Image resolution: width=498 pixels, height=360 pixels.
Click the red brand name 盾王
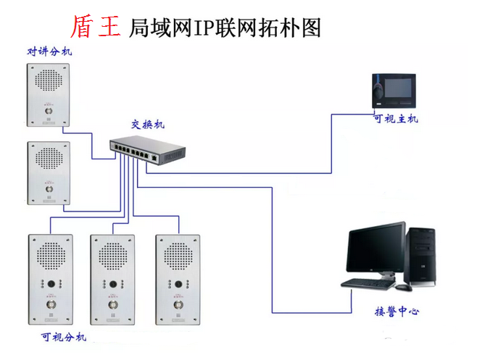pos(95,27)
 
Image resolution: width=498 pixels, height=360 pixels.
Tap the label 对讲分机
pos(49,51)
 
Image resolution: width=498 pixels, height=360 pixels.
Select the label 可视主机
pos(395,119)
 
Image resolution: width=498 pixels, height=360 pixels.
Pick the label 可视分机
pos(64,337)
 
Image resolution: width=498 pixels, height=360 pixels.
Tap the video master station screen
pos(398,89)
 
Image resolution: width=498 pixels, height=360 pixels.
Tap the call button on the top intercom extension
pos(49,112)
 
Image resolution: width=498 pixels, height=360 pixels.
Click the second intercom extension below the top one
pos(49,172)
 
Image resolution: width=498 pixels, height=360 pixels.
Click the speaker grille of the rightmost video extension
pos(177,255)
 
